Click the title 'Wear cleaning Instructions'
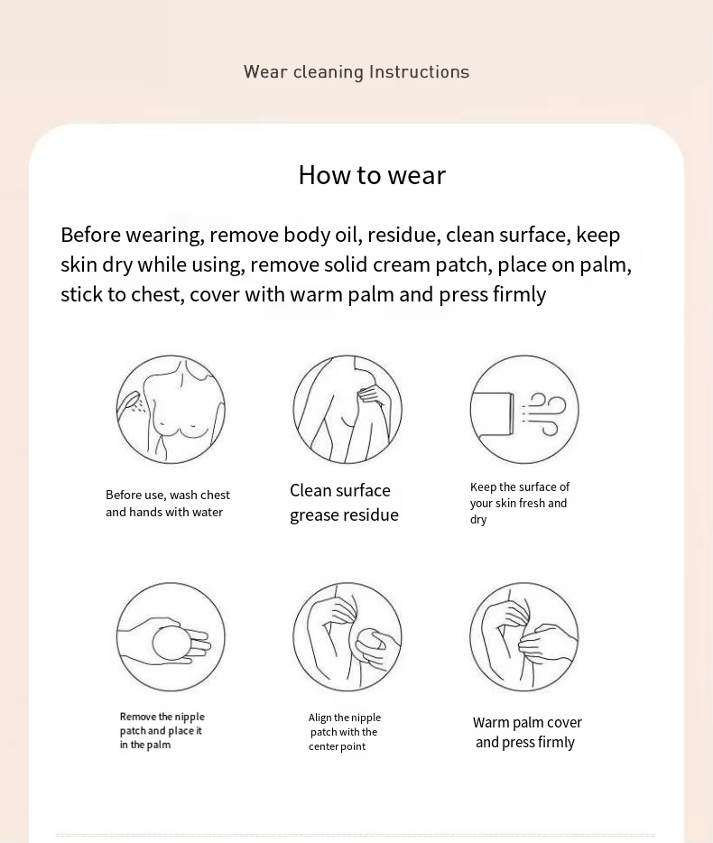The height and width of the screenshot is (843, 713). [356, 72]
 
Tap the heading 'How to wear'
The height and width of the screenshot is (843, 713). [372, 175]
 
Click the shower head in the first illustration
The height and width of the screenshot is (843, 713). [127, 404]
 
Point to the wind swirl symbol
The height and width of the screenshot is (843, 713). [544, 412]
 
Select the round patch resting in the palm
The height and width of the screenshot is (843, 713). [171, 643]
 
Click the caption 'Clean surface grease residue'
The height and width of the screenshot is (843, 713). [344, 503]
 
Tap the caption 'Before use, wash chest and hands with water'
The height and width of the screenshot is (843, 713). [168, 504]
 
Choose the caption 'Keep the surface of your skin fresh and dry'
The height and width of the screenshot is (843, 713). [520, 504]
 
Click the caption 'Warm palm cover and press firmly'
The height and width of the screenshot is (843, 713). [527, 732]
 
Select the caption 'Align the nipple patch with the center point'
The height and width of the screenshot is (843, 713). [345, 732]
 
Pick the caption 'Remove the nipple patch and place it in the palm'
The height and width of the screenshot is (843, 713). [162, 731]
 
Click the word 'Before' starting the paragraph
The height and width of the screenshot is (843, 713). [91, 235]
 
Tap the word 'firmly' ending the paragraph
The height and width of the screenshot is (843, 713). [519, 294]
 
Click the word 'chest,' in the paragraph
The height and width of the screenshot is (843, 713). [158, 294]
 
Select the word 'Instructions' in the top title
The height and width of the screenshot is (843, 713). [420, 72]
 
